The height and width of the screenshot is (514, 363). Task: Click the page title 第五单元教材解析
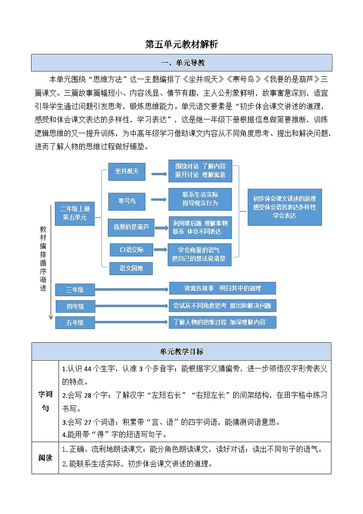point(181,44)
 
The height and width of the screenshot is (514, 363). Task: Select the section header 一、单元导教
point(181,63)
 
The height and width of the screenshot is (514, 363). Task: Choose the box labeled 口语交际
point(132,250)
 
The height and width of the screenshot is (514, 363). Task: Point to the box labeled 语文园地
point(131,268)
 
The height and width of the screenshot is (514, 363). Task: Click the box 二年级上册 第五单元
point(75,214)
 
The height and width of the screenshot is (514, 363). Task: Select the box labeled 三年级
point(75,290)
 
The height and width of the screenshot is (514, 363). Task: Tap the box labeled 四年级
point(75,306)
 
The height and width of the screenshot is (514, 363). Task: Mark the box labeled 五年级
point(75,322)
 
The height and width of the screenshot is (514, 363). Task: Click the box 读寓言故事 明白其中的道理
point(223,288)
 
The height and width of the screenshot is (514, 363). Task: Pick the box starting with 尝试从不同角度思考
point(223,305)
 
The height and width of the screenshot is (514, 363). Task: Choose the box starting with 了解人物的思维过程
point(223,322)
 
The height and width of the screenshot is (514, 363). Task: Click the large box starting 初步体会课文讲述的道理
point(284,207)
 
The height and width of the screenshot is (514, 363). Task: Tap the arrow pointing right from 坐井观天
point(159,174)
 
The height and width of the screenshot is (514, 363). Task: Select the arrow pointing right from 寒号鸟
point(159,200)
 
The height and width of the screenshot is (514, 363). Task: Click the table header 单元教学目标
point(181,352)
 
